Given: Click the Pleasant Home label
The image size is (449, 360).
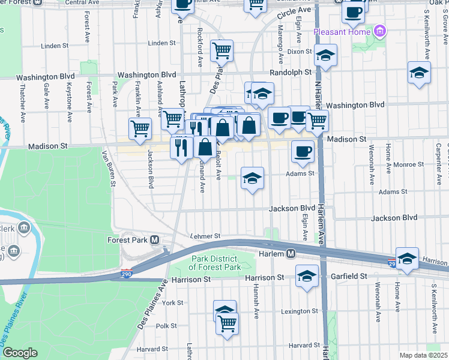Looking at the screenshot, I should (342, 30).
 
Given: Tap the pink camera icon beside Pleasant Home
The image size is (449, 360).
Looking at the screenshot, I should (379, 30).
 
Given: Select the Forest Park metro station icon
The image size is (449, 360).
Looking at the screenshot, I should (155, 240).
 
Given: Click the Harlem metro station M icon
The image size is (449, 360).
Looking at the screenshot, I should (291, 253).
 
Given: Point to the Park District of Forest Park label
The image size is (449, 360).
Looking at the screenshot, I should (215, 263).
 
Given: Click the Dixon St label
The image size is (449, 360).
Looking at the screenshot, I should (300, 52).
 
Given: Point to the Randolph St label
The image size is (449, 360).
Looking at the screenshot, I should (291, 72).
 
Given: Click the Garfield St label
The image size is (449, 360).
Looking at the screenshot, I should (348, 277).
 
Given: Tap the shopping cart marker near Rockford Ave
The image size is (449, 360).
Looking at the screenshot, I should (221, 51).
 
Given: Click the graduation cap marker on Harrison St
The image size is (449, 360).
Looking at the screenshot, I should (307, 277).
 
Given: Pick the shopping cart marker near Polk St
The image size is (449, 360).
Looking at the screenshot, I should (227, 324).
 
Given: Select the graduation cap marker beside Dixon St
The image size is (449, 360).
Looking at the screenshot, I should (325, 56).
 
